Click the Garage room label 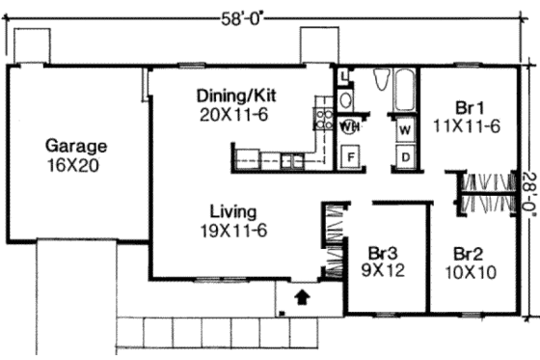pos(76,147)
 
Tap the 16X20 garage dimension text pos(76,165)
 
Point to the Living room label pos(233,211)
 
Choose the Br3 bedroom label pos(383,254)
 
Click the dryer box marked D pos(405,154)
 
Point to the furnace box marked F pos(351,154)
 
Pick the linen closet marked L pos(344,74)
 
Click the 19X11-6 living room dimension pos(233,230)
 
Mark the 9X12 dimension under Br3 pos(383,272)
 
